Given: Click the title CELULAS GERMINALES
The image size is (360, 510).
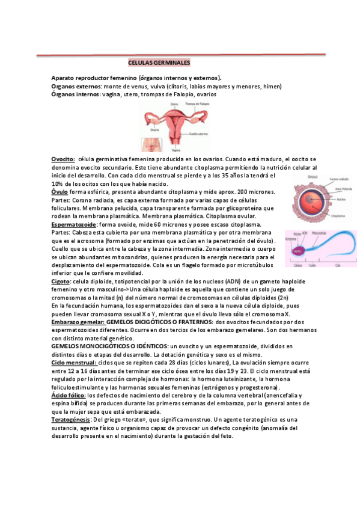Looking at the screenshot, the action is tap(159, 63).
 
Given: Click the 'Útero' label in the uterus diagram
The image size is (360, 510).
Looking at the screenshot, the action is tap(174, 104).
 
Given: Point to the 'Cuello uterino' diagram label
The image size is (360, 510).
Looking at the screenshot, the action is tap(200, 134).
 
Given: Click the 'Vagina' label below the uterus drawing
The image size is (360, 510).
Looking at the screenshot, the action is tap(175, 150).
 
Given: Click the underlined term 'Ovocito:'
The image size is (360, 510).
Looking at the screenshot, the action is tap(63, 159).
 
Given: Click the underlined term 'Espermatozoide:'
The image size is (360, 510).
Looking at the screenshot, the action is tap(75, 224).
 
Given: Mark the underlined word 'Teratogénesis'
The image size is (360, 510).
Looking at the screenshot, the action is tap(71, 419).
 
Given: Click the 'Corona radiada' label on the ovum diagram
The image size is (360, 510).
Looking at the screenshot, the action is tap(340, 179).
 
